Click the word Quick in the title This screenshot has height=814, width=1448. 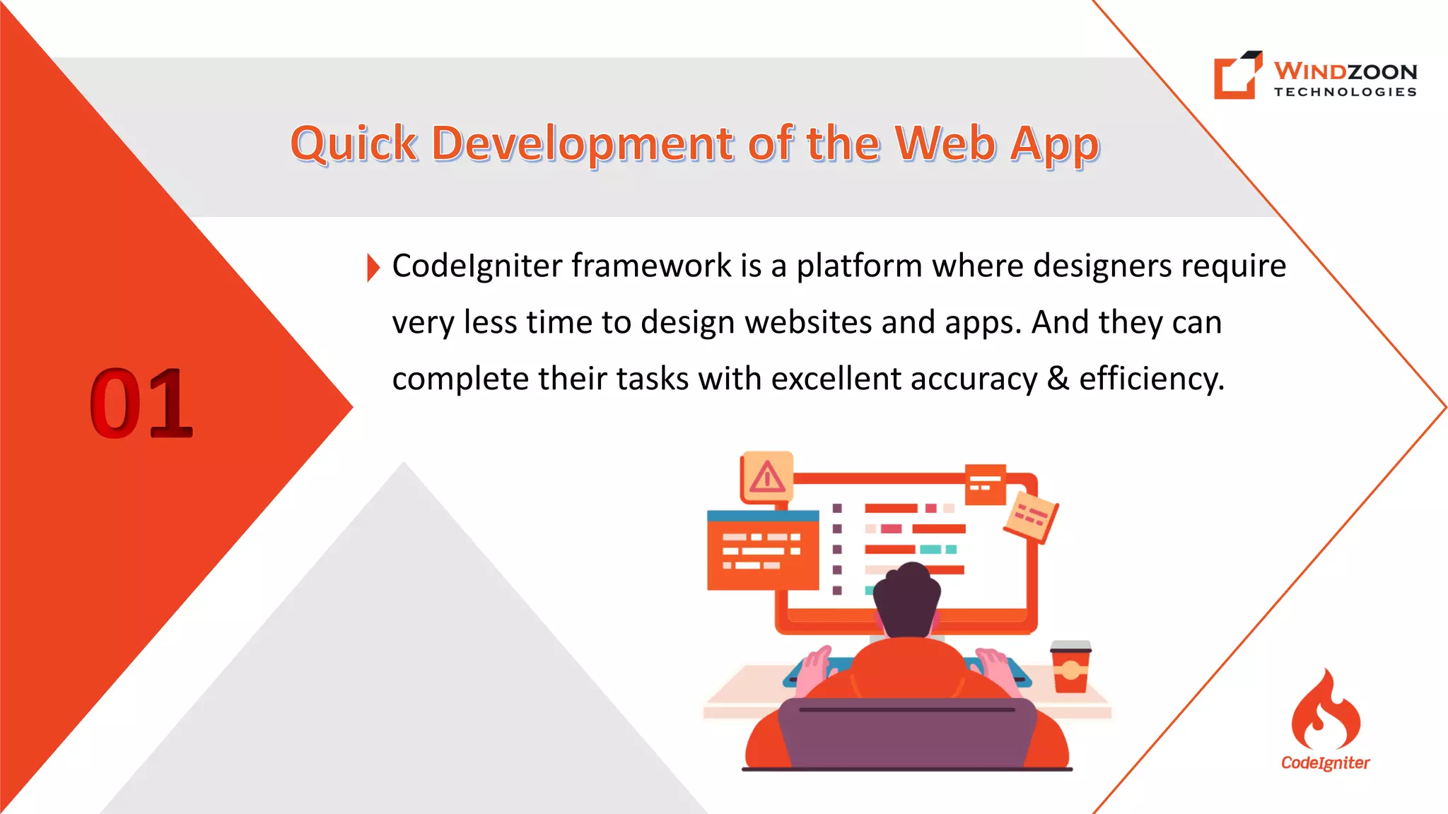(x=354, y=144)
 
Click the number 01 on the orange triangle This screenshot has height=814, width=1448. (x=141, y=403)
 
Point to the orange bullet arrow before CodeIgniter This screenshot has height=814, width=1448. (x=373, y=267)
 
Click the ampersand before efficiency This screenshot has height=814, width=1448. (x=1058, y=379)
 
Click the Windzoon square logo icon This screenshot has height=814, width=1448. (x=1237, y=75)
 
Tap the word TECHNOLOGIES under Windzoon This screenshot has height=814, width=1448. (x=1345, y=92)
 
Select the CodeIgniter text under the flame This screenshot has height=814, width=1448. (x=1325, y=763)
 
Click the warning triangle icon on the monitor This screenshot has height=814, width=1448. (x=767, y=477)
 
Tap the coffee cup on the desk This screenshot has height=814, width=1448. (x=1070, y=667)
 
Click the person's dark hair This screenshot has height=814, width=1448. (x=907, y=597)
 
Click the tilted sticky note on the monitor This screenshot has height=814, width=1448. (x=1031, y=518)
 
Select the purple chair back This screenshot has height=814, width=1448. (x=907, y=735)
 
